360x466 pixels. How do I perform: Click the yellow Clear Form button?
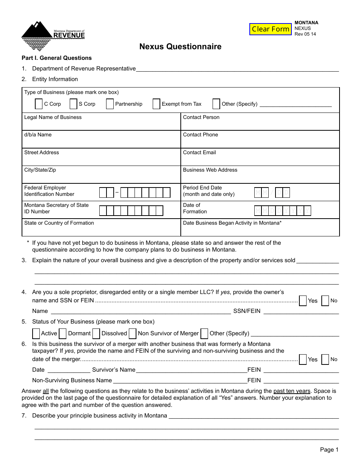click(x=270, y=29)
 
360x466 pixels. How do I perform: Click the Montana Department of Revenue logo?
click(x=53, y=36)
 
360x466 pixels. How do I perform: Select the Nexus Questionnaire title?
click(x=180, y=47)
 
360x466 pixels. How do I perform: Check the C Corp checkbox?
click(x=39, y=104)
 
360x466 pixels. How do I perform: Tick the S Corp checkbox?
click(x=74, y=104)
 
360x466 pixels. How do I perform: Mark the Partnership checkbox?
click(x=110, y=104)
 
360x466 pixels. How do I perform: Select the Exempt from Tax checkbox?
click(x=157, y=104)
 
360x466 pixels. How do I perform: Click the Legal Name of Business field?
click(x=101, y=124)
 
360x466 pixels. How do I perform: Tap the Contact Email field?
click(x=260, y=160)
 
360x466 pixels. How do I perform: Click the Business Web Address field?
click(x=260, y=177)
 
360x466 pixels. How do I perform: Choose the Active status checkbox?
click(x=36, y=333)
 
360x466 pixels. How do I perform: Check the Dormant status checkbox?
click(x=63, y=333)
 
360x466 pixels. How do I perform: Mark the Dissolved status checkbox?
click(x=96, y=333)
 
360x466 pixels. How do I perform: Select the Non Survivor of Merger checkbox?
click(x=133, y=333)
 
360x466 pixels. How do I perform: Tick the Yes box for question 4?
click(x=303, y=301)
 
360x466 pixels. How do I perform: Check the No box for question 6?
click(x=325, y=360)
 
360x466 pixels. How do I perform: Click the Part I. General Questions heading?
click(x=56, y=58)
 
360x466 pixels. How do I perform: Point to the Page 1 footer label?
click(x=329, y=450)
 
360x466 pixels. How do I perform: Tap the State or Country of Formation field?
click(x=101, y=230)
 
